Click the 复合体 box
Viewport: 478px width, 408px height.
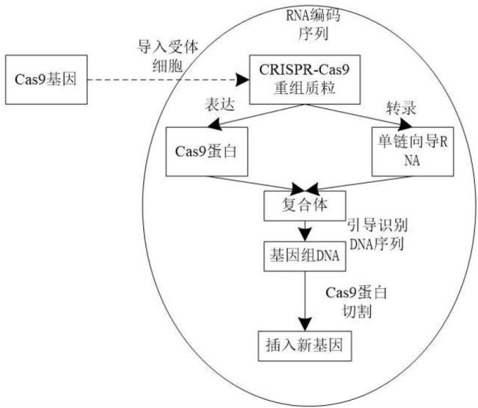click(x=303, y=204)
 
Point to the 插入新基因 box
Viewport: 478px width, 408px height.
click(x=303, y=343)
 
